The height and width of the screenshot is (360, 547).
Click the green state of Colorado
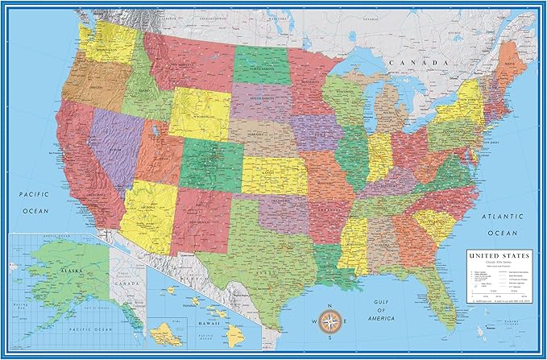click(211, 159)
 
